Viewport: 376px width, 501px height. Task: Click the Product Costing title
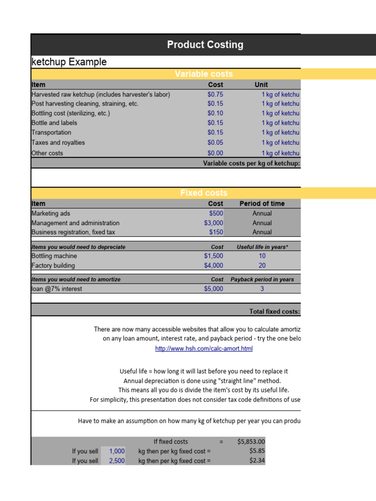205,45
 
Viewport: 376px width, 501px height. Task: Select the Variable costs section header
204,74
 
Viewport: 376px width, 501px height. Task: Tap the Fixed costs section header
204,193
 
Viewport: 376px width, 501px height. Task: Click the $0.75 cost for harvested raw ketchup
215,94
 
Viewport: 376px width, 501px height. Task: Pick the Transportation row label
51,133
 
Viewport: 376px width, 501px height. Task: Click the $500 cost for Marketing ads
216,213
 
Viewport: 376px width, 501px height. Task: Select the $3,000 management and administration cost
213,223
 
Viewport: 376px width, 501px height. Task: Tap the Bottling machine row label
54,256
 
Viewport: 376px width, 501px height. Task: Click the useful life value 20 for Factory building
262,266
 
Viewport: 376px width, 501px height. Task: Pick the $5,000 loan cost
213,289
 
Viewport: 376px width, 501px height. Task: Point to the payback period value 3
262,289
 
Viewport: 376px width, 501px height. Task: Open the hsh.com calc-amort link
204,349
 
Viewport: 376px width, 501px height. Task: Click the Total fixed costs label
274,311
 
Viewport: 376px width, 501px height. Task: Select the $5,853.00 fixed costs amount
251,441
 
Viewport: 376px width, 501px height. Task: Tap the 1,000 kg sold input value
117,451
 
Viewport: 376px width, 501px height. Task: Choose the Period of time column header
262,204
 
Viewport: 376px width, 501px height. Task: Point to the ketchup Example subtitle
69,62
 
